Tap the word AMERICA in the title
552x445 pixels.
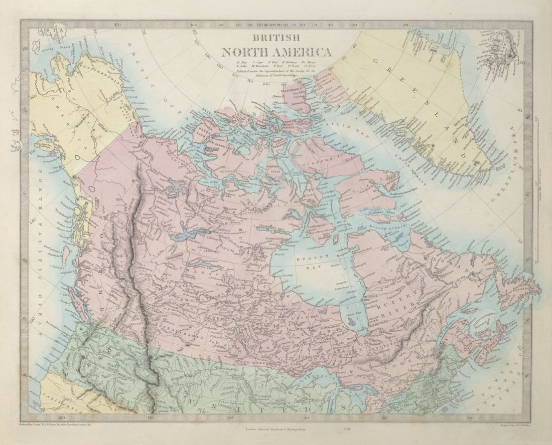tap(303, 52)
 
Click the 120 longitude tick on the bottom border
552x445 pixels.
tap(62, 416)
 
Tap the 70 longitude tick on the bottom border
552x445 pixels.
tap(469, 416)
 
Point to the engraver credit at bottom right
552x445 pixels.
tap(504, 424)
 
